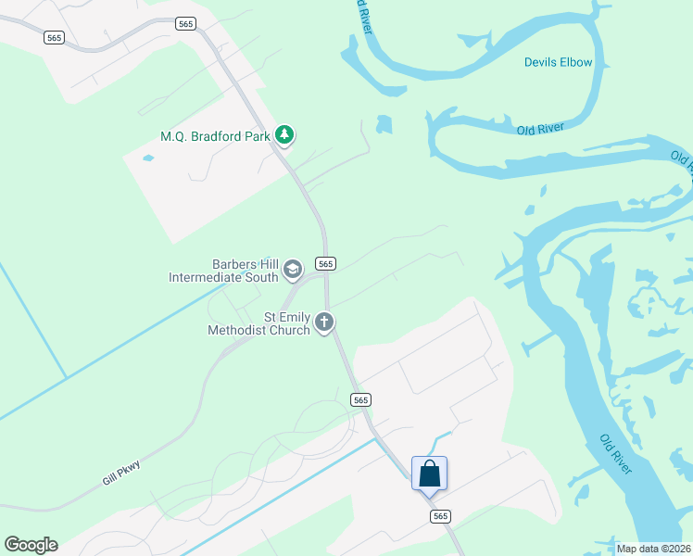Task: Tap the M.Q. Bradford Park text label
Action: coord(215,136)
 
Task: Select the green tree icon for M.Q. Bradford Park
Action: coord(284,136)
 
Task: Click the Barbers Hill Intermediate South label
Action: coord(223,270)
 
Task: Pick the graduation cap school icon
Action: coord(293,270)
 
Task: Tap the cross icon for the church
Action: coord(324,322)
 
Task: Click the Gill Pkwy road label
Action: coord(122,476)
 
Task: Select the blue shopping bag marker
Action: coord(429,473)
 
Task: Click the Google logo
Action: coord(31,545)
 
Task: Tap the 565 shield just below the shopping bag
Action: coord(440,516)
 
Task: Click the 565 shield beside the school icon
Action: coord(325,263)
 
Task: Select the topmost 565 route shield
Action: coord(185,24)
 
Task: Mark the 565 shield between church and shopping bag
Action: coord(361,399)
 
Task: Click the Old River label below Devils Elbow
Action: coord(540,129)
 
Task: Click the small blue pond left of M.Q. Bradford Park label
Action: coord(148,158)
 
